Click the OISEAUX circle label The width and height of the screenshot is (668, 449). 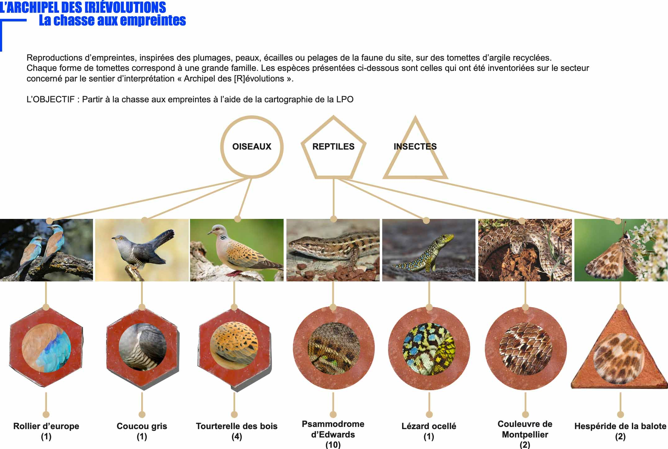pyautogui.click(x=252, y=146)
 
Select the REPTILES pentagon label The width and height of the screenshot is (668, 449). pyautogui.click(x=333, y=146)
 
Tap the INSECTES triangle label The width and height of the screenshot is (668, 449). pyautogui.click(x=415, y=146)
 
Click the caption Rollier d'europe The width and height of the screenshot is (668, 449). pyautogui.click(x=46, y=426)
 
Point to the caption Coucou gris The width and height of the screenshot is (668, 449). pyautogui.click(x=142, y=426)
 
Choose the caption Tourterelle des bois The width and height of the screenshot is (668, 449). pyautogui.click(x=237, y=426)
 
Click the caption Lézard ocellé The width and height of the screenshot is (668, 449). pyautogui.click(x=429, y=426)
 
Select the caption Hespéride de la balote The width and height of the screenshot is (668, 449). pyautogui.click(x=620, y=426)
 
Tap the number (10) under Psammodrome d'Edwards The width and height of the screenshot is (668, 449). pyautogui.click(x=333, y=445)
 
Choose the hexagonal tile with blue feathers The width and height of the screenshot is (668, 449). pyautogui.click(x=46, y=348)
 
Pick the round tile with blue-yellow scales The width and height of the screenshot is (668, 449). pyautogui.click(x=429, y=348)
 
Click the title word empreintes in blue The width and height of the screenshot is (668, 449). pyautogui.click(x=152, y=21)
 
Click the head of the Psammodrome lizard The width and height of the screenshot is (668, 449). pyautogui.click(x=300, y=246)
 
